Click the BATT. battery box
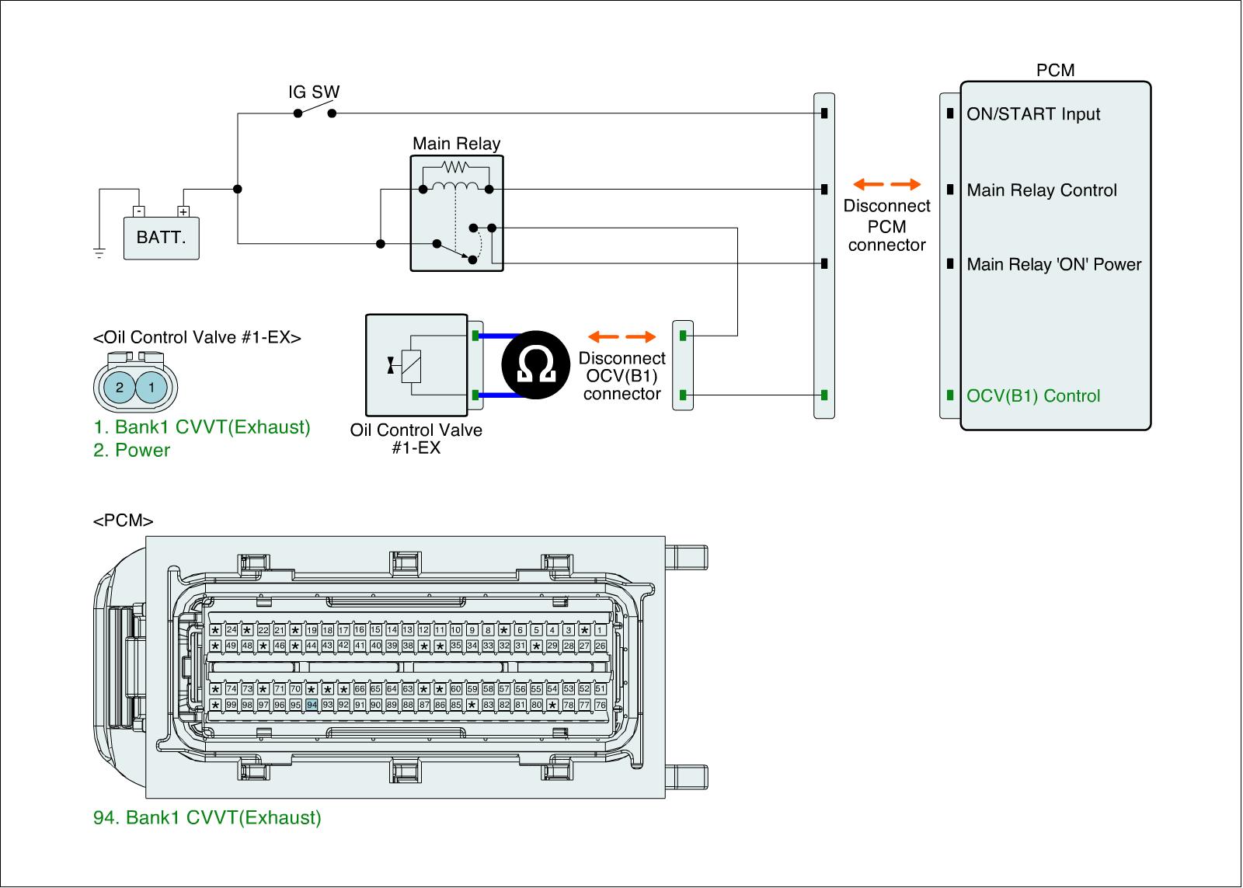pyautogui.click(x=161, y=238)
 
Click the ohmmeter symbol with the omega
pyautogui.click(x=535, y=364)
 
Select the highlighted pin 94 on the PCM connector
pyautogui.click(x=312, y=705)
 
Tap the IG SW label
pyautogui.click(x=314, y=92)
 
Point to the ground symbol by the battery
pyautogui.click(x=99, y=253)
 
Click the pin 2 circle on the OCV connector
pyautogui.click(x=120, y=388)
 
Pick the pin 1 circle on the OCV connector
pyautogui.click(x=151, y=388)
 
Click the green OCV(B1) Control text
pyautogui.click(x=1033, y=395)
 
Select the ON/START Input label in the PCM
pyautogui.click(x=1033, y=113)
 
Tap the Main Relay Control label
pyautogui.click(x=1042, y=190)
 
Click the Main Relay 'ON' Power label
pyautogui.click(x=1053, y=264)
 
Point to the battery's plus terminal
pyautogui.click(x=183, y=211)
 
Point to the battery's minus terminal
pyautogui.click(x=139, y=211)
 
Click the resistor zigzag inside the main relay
pyautogui.click(x=455, y=166)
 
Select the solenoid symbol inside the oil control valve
pyautogui.click(x=411, y=367)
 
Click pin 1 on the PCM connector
pyautogui.click(x=600, y=630)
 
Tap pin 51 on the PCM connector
pyautogui.click(x=600, y=689)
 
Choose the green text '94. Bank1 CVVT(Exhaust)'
pyautogui.click(x=207, y=818)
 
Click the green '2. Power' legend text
pyautogui.click(x=131, y=450)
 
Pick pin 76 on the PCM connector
pyautogui.click(x=600, y=705)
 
